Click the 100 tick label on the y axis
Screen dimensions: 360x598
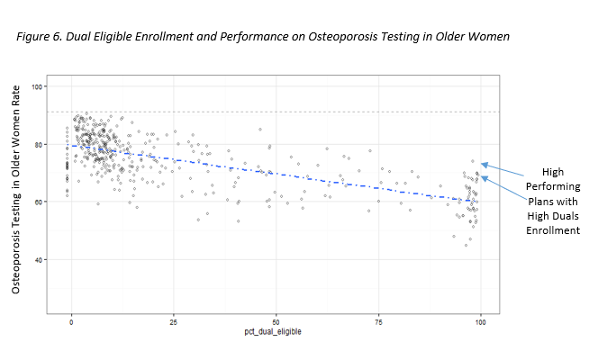(36, 86)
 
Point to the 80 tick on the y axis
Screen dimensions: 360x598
(37, 144)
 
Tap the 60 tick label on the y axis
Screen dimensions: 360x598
(37, 202)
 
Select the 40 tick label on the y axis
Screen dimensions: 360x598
(37, 259)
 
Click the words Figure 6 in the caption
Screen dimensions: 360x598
(39, 37)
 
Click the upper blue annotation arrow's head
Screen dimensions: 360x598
(482, 164)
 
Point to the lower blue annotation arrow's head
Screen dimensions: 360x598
(482, 177)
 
